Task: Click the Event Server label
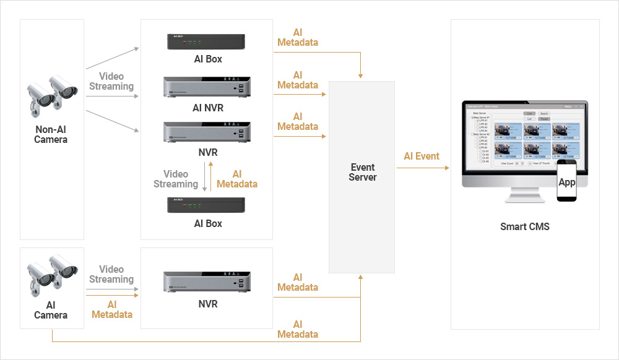[362, 172]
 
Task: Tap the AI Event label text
[422, 156]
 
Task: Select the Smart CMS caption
[524, 227]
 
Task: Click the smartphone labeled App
[567, 182]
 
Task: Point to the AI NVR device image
[207, 88]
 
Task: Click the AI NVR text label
[207, 108]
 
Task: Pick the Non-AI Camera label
[51, 135]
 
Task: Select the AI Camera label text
[51, 310]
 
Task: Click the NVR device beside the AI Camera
[207, 282]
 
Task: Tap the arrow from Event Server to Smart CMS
[423, 167]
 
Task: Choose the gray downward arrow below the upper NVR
[204, 176]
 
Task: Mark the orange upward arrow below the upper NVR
[211, 176]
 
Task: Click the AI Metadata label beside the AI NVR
[298, 80]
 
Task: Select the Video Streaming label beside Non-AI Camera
[111, 82]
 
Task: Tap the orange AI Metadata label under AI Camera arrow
[112, 309]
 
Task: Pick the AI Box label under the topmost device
[207, 59]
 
